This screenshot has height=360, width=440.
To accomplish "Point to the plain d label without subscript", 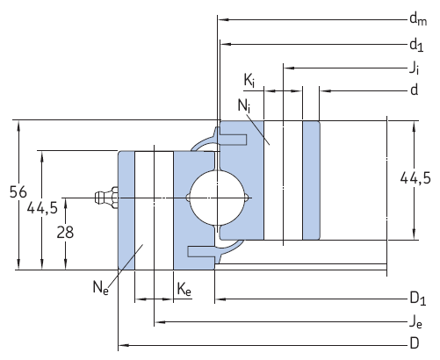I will (x=413, y=90).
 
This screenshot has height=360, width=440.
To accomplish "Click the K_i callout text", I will (x=249, y=82).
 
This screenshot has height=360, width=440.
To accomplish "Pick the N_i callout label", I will (x=243, y=105).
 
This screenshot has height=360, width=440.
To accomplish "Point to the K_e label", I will (x=184, y=286).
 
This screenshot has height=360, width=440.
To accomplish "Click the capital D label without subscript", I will (x=413, y=342).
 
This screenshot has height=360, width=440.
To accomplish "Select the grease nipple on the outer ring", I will (x=104, y=198).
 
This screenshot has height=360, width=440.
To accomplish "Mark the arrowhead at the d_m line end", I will (x=222, y=18).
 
